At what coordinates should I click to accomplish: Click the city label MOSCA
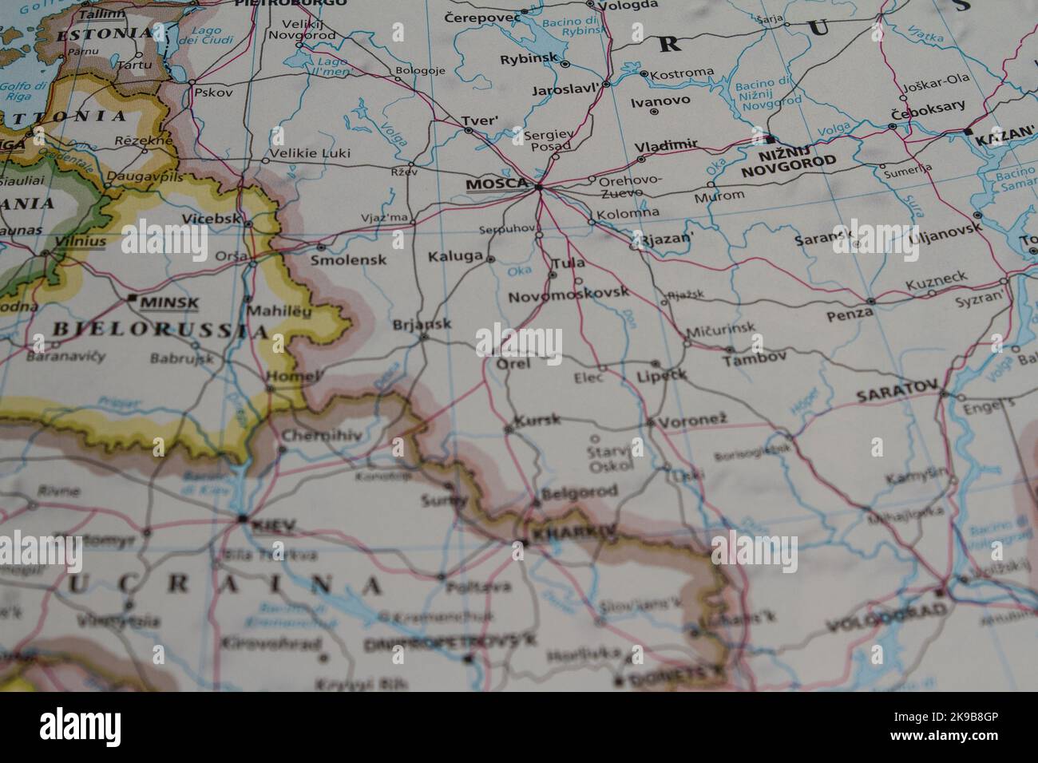(497, 184)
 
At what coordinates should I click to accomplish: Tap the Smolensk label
(348, 259)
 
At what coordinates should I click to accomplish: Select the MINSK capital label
(168, 302)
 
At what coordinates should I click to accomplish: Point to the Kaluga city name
(456, 257)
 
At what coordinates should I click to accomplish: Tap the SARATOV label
(896, 395)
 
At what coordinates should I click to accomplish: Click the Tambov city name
(755, 360)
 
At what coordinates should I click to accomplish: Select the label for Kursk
(538, 420)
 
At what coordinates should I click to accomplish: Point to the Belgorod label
(579, 492)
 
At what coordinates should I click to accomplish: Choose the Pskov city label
(213, 92)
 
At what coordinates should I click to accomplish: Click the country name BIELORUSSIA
(160, 330)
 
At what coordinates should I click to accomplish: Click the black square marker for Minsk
(132, 298)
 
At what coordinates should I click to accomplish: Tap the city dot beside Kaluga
(490, 259)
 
